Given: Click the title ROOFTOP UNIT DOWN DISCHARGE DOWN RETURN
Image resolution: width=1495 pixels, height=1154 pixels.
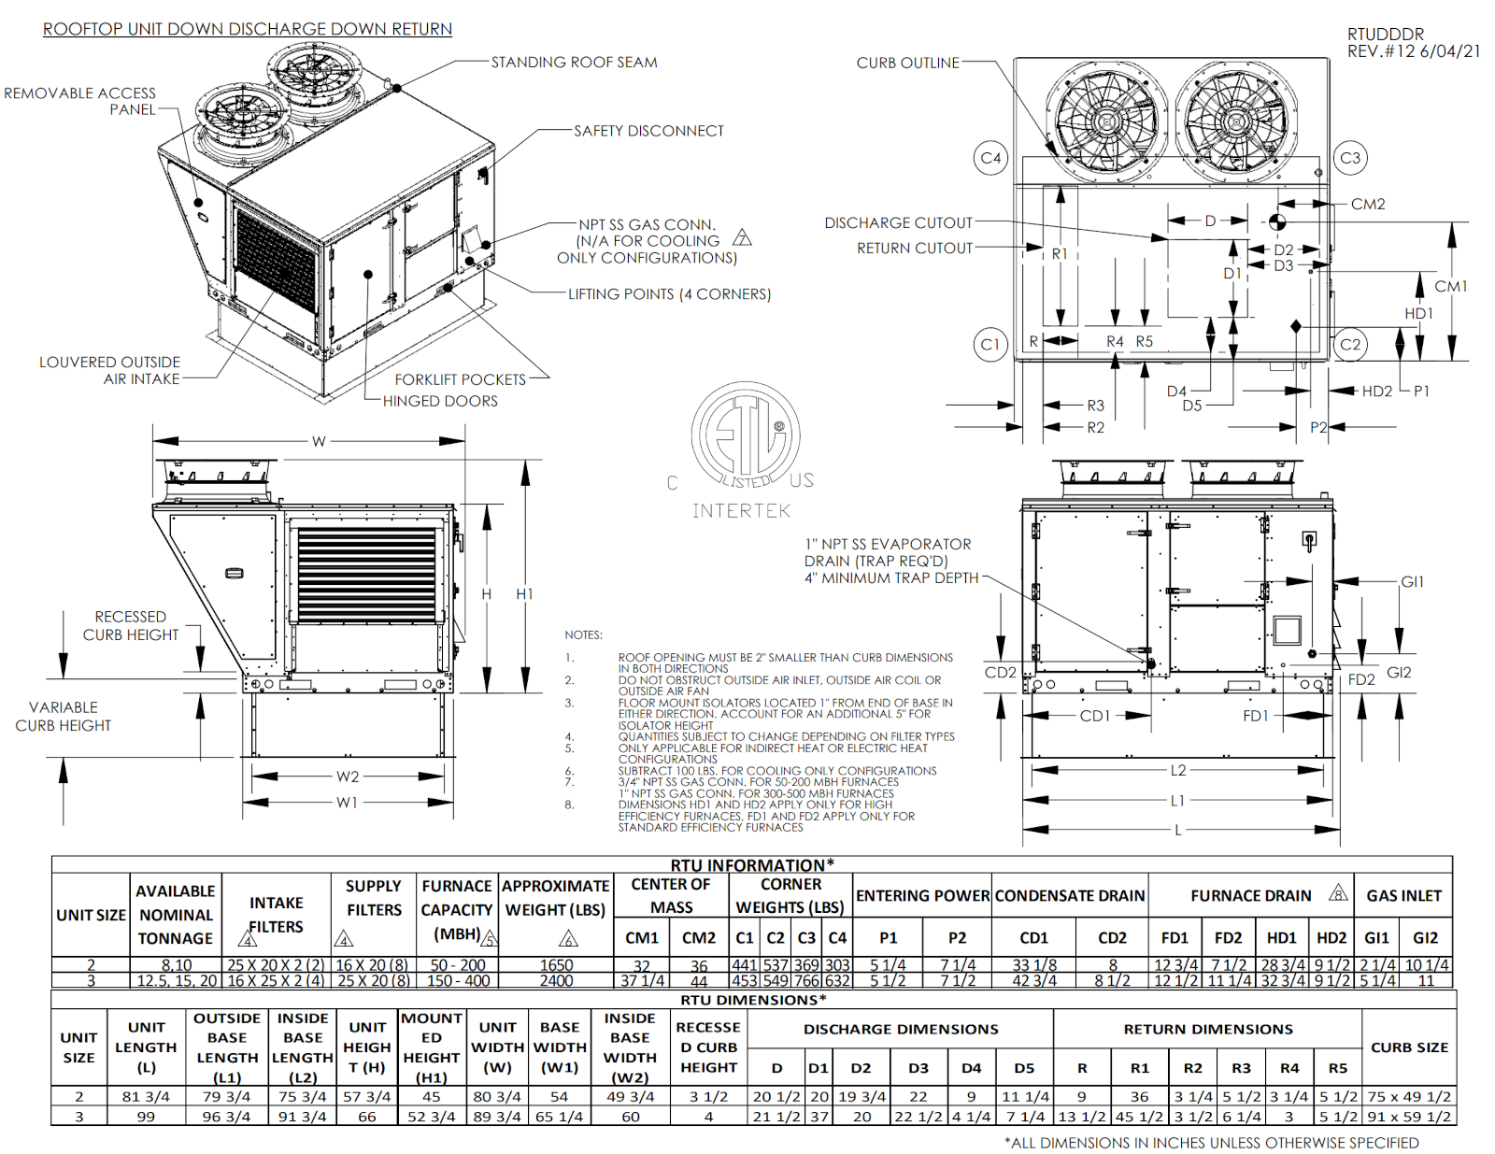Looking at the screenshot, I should point(248,29).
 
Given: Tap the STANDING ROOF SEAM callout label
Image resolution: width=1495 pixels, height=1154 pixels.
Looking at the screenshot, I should point(574,63).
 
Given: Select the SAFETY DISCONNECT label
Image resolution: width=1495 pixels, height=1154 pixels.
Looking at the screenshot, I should point(648,131).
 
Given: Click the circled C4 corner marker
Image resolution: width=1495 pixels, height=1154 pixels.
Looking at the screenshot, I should point(990,158).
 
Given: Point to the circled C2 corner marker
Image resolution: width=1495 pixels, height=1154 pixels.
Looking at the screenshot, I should point(1350,344).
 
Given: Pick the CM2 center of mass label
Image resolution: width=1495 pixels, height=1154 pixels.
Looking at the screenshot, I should point(1368,204).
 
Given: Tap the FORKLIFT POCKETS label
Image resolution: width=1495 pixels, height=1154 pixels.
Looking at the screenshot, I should point(460,379).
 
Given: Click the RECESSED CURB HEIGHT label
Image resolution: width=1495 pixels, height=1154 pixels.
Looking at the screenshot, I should point(130,626).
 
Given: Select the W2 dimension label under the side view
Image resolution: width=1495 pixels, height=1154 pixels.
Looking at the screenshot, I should point(348,776).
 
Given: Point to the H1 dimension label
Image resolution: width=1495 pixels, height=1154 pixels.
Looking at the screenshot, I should point(524,594).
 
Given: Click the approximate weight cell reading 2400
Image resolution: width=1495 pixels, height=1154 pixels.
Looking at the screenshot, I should point(556,981).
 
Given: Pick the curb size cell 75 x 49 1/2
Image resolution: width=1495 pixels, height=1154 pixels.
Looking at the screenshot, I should point(1409,1097).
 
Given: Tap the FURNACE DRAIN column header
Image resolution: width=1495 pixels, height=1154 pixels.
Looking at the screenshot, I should point(1251,895).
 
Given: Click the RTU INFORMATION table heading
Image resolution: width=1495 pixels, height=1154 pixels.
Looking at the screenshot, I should point(752,865).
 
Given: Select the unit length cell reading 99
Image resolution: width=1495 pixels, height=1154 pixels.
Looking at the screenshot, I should point(146,1117).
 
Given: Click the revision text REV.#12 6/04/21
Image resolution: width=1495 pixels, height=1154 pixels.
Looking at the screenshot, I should point(1413,51).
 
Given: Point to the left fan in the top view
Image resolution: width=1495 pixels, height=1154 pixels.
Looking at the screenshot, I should point(1107,121).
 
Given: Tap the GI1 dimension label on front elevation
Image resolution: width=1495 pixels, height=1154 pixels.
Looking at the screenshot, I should point(1412,581).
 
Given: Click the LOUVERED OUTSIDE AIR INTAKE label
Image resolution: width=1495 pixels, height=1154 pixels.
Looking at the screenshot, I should point(109,370).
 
